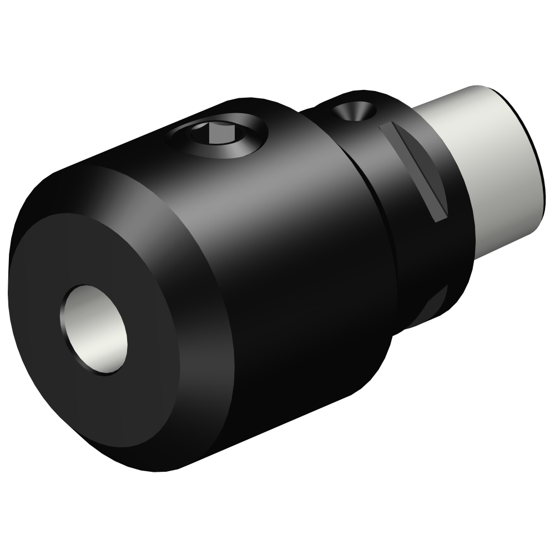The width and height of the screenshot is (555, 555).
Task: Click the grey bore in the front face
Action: (94, 331)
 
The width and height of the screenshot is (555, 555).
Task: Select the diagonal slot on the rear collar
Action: (416, 172)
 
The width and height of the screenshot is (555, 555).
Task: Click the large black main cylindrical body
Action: (289, 250)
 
